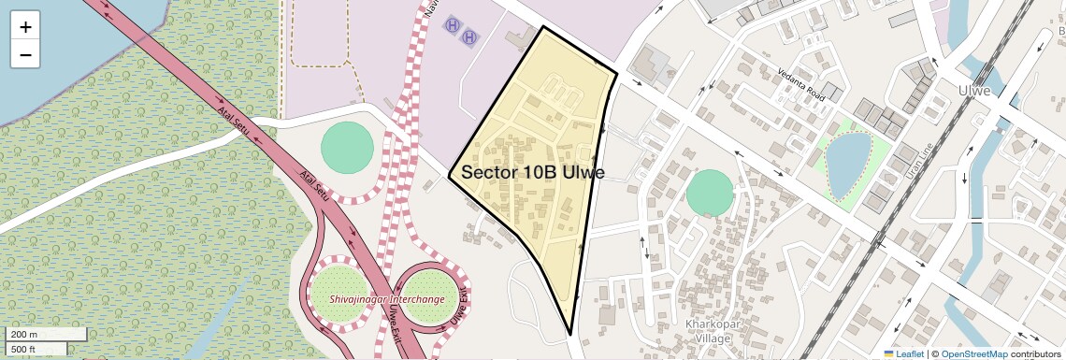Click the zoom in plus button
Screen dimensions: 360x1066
click(25, 27)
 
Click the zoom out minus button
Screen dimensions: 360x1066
click(25, 54)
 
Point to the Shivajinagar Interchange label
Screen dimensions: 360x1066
click(386, 299)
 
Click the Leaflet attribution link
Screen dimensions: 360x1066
click(904, 353)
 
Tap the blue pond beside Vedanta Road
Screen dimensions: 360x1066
click(848, 165)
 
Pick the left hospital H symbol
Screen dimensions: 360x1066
click(453, 22)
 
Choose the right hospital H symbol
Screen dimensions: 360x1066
click(469, 37)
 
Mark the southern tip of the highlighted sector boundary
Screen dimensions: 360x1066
click(570, 333)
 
